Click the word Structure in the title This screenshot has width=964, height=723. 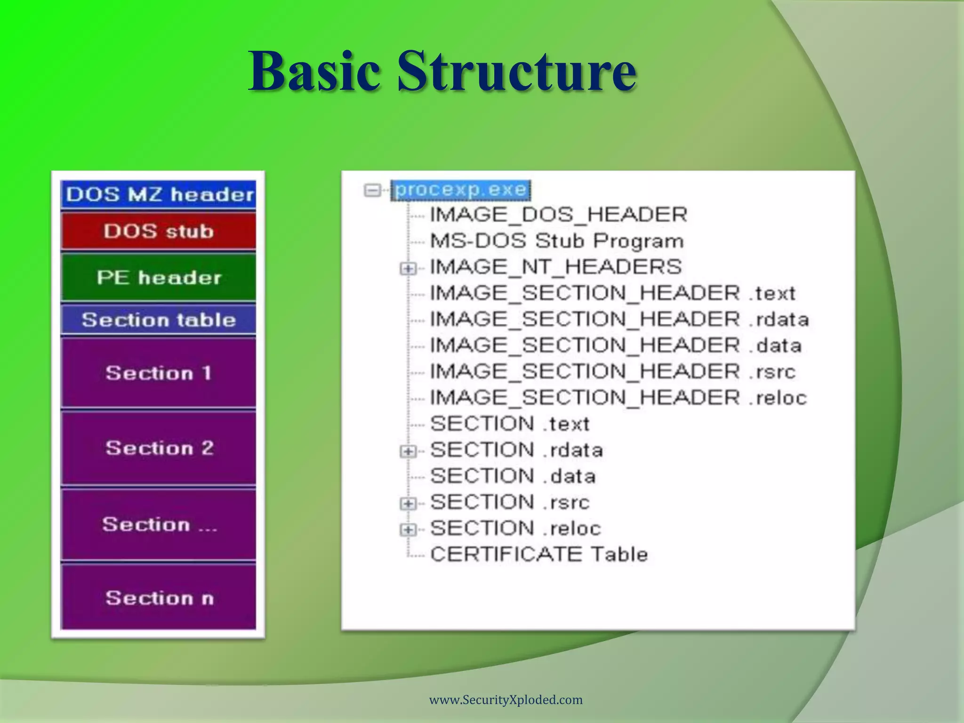point(516,72)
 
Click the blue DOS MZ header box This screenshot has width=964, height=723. point(159,194)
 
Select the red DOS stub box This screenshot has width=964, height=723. point(159,231)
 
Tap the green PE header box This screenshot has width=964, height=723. point(159,277)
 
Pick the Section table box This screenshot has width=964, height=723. point(159,320)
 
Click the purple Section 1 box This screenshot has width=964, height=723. point(159,373)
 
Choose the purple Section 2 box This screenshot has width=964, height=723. point(159,448)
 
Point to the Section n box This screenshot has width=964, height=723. point(159,598)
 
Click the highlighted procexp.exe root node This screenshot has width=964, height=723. point(461,190)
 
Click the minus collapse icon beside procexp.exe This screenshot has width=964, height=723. point(372,191)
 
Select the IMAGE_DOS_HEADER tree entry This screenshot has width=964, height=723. point(558,215)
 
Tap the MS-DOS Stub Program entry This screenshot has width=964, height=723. point(556,241)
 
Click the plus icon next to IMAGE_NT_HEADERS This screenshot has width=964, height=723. point(408,269)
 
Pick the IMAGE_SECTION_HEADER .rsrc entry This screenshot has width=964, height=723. point(612,372)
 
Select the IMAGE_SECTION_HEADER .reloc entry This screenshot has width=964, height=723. point(618,398)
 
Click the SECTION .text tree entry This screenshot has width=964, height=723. point(509,424)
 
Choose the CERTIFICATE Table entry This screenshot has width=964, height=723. point(538,554)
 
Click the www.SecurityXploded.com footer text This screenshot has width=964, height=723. point(506,700)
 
